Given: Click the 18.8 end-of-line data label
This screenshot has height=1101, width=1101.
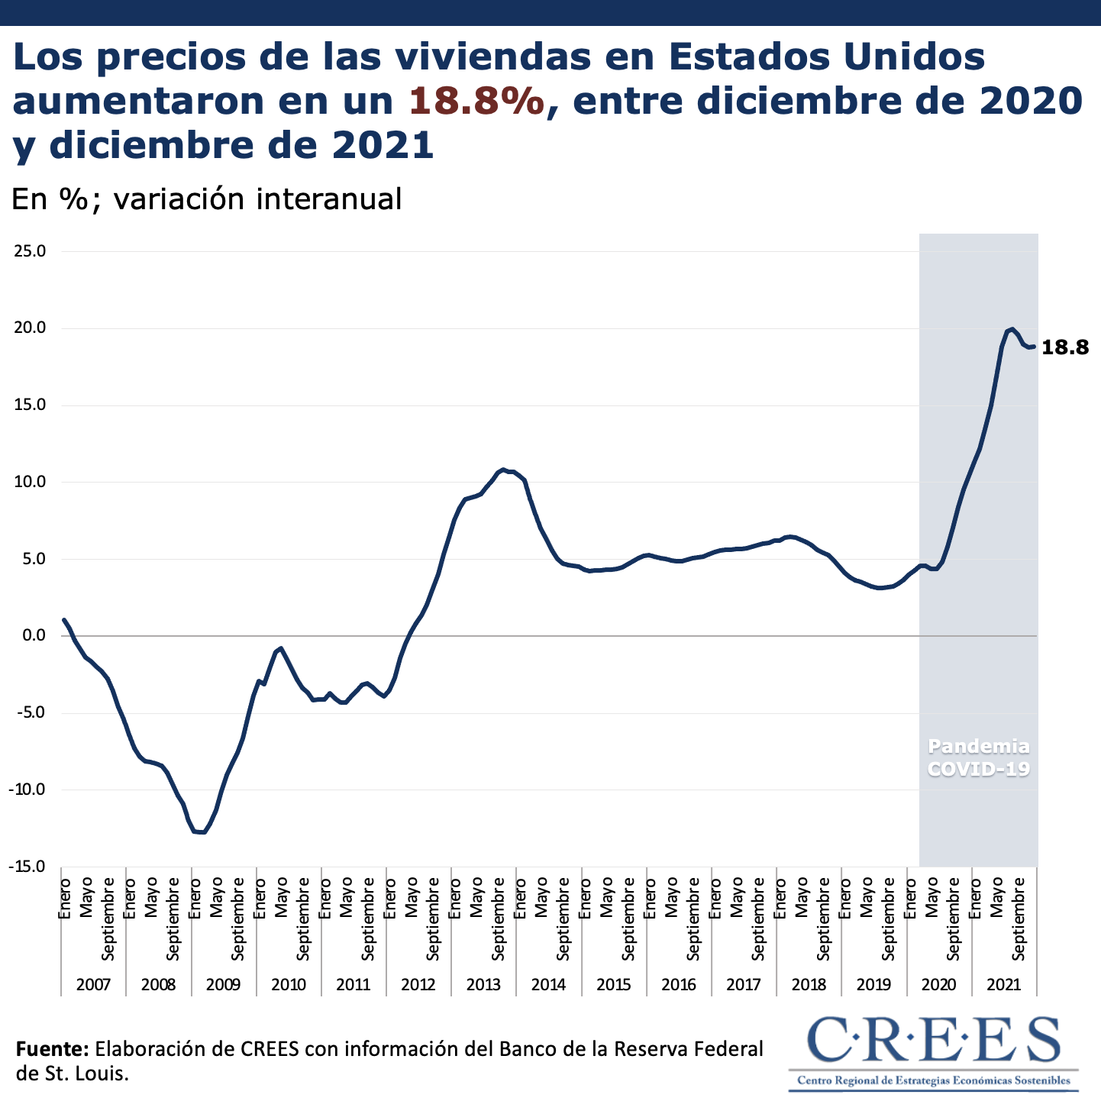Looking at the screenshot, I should [x=1065, y=347].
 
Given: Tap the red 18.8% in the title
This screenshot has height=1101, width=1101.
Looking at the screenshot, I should [x=477, y=102].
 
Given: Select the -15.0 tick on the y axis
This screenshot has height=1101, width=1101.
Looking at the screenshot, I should [x=27, y=867].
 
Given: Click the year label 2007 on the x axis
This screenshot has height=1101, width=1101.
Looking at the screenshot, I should [x=93, y=984].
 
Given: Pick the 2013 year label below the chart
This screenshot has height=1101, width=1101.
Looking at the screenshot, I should [x=483, y=984].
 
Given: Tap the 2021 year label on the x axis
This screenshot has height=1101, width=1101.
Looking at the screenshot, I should [x=1003, y=984].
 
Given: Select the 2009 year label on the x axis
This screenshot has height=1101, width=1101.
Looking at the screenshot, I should [x=223, y=984].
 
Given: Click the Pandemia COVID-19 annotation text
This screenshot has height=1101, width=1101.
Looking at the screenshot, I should [x=978, y=757].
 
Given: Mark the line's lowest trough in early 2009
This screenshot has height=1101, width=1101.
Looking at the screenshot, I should [x=201, y=831].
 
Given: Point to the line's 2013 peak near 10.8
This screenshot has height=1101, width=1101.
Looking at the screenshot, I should [x=502, y=470].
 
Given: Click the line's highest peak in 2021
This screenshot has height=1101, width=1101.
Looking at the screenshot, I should [x=1012, y=329].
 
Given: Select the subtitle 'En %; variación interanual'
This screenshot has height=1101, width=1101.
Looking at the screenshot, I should [x=206, y=199].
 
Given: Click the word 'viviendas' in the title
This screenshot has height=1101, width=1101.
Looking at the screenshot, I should [x=439, y=57].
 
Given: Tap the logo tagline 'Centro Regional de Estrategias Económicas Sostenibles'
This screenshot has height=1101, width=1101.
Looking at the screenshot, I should [x=933, y=1080].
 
